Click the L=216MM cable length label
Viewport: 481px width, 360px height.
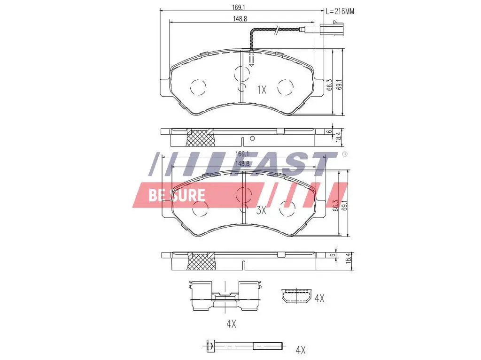coord(340,12)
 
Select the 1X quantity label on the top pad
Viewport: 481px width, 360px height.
coord(262,90)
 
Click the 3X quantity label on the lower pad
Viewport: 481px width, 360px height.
coord(261,210)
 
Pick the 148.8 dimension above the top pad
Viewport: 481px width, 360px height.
coord(240,19)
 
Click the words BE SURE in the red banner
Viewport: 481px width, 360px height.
coord(177,195)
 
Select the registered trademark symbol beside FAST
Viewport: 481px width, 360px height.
coord(345,154)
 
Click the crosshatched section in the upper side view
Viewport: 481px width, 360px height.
coord(201,138)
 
